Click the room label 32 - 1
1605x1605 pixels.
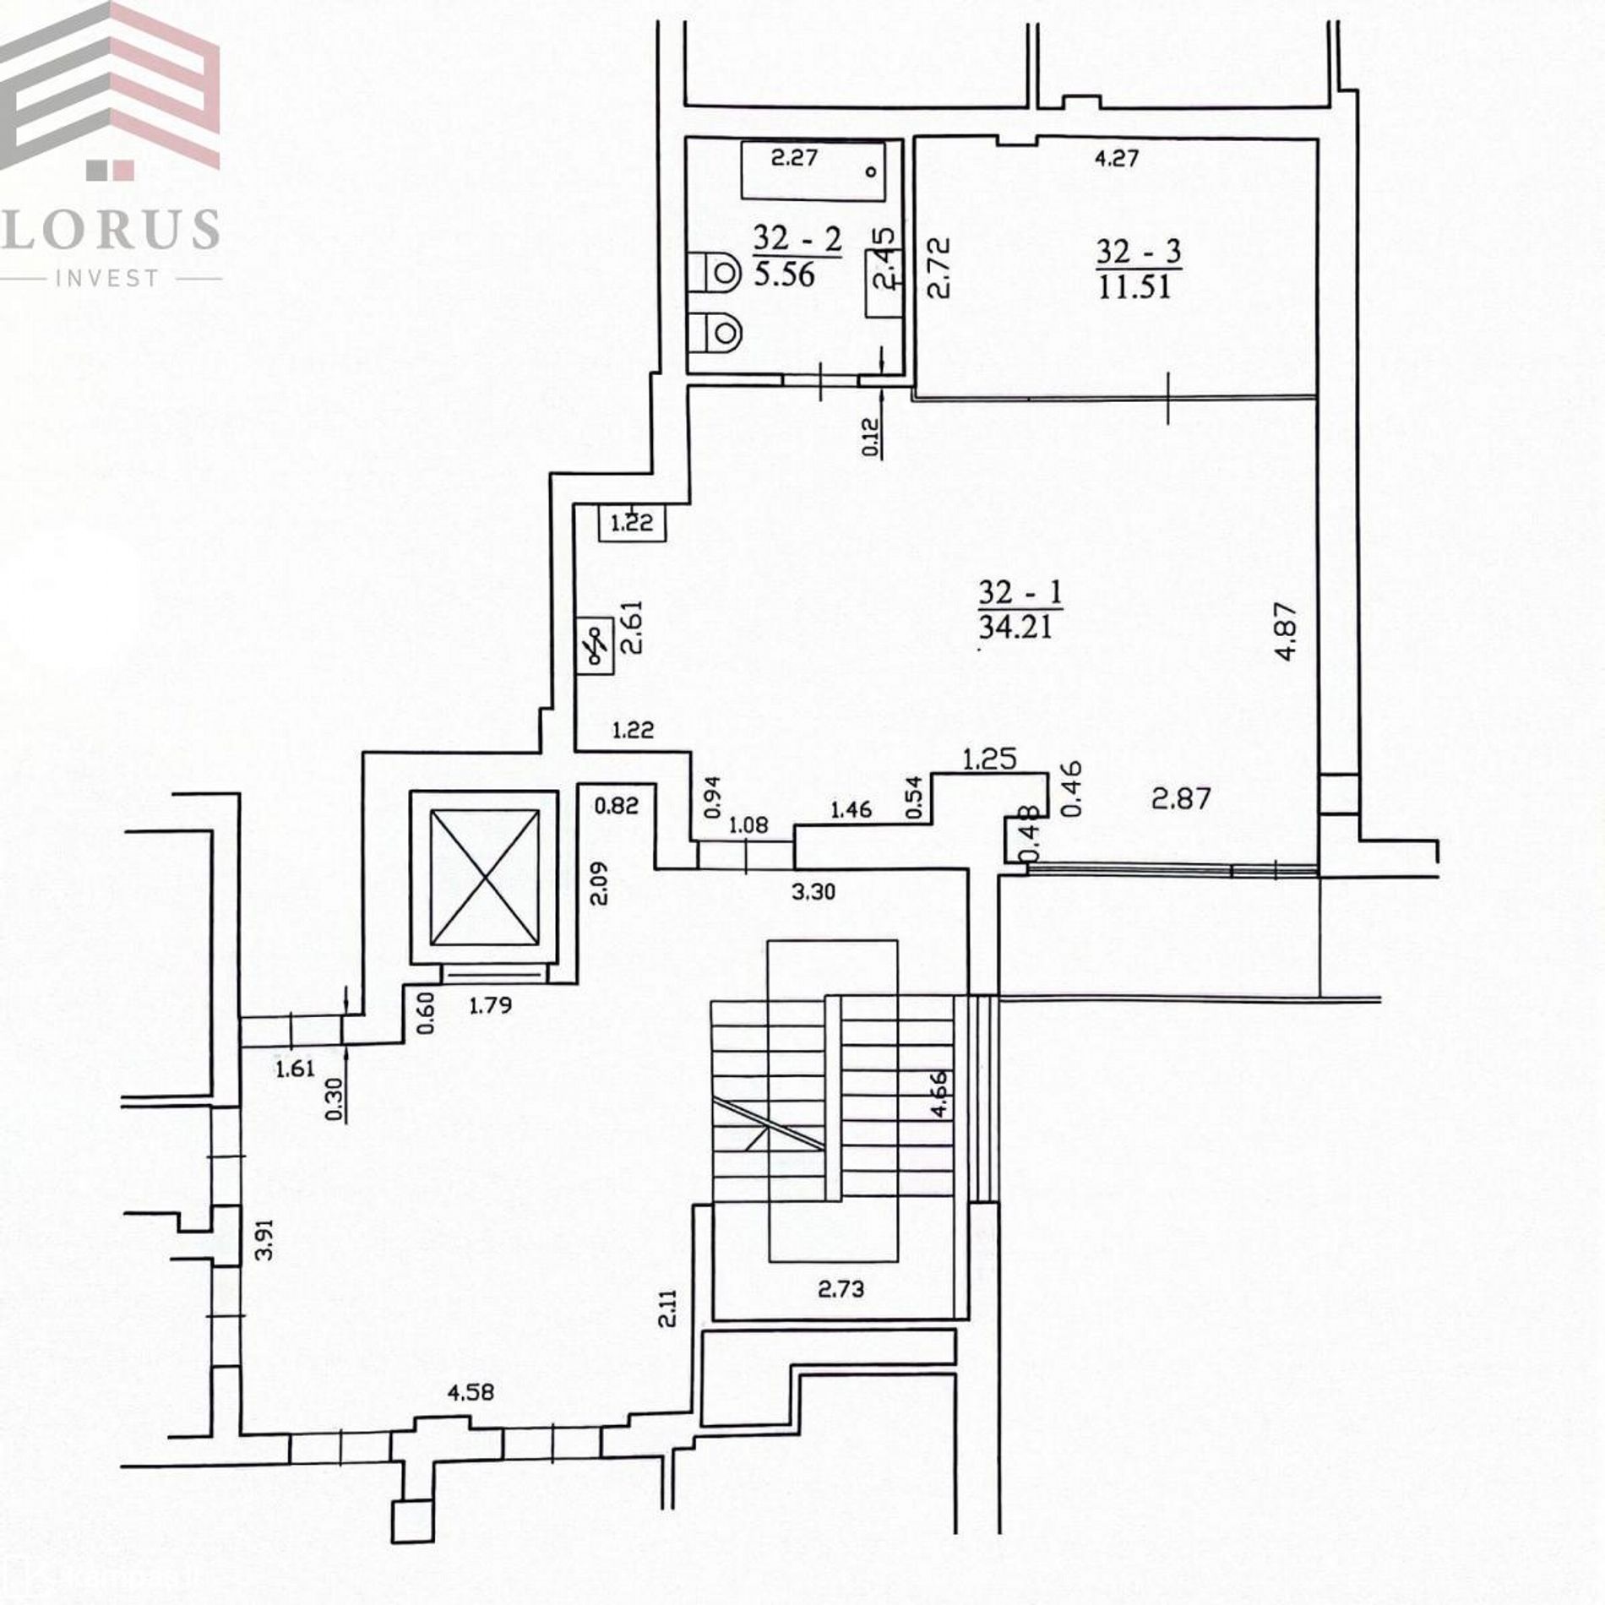pyautogui.click(x=1020, y=592)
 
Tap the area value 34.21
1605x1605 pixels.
pyautogui.click(x=1015, y=627)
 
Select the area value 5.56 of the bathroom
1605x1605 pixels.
pyautogui.click(x=785, y=275)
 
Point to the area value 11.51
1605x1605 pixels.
pyautogui.click(x=1135, y=286)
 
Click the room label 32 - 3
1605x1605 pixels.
pyautogui.click(x=1139, y=252)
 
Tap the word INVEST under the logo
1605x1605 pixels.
pyautogui.click(x=106, y=278)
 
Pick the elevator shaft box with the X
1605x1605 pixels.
pyautogui.click(x=484, y=878)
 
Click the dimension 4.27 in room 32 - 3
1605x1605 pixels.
pyautogui.click(x=1117, y=158)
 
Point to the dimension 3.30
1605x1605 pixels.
pyautogui.click(x=813, y=891)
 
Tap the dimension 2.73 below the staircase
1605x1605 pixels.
pyautogui.click(x=841, y=1289)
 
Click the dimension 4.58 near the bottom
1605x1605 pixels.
pyautogui.click(x=471, y=1391)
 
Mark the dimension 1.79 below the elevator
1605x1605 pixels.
pyautogui.click(x=490, y=1005)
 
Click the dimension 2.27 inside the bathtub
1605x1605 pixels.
pyautogui.click(x=794, y=157)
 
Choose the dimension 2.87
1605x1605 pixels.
pyautogui.click(x=1181, y=798)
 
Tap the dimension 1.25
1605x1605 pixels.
pyautogui.click(x=990, y=759)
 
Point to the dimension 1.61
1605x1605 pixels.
pyautogui.click(x=295, y=1069)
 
